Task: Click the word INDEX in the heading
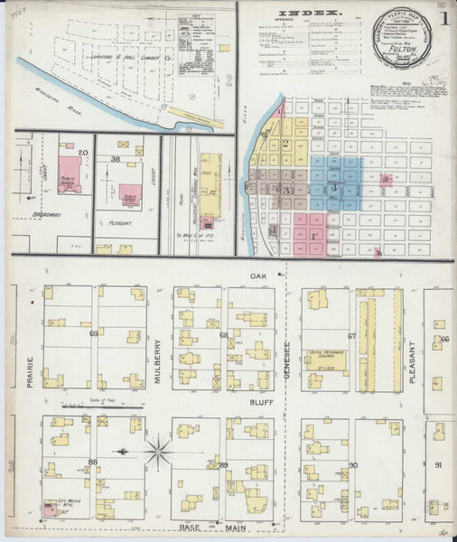(314, 12)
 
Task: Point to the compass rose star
(159, 449)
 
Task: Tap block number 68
(223, 334)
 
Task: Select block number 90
(352, 464)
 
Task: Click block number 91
(438, 464)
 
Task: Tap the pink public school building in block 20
(70, 173)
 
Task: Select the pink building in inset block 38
(130, 194)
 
